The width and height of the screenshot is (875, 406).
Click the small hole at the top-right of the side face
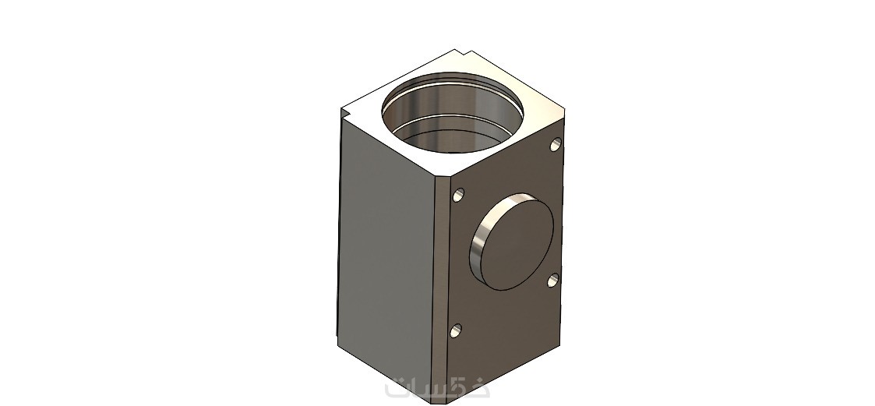(556, 145)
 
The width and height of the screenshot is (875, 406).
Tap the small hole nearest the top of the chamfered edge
(458, 195)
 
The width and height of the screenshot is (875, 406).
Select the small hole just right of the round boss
(553, 280)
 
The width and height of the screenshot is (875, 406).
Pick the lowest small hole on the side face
(456, 330)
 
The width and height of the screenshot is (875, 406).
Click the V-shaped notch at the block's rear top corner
(463, 54)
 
